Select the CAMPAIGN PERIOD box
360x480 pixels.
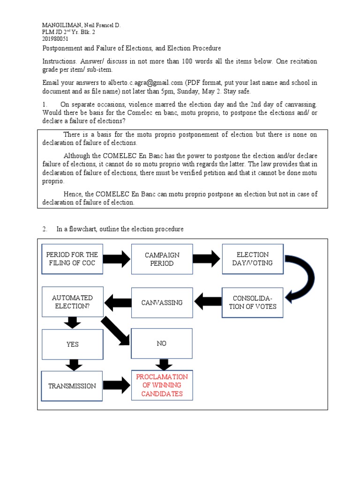point(162,259)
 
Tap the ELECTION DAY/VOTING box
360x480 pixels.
point(253,259)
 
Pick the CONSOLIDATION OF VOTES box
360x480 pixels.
point(253,302)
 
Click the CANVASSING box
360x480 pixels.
point(162,302)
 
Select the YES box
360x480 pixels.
point(72,344)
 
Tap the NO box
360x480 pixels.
point(162,344)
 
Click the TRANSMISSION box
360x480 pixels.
point(72,386)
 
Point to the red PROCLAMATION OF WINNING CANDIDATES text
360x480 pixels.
point(162,385)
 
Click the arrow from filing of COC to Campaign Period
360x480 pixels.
point(116,259)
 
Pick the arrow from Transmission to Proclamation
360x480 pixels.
point(116,385)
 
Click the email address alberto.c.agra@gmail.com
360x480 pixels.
point(132,82)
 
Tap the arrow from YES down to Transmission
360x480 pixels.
point(72,365)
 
